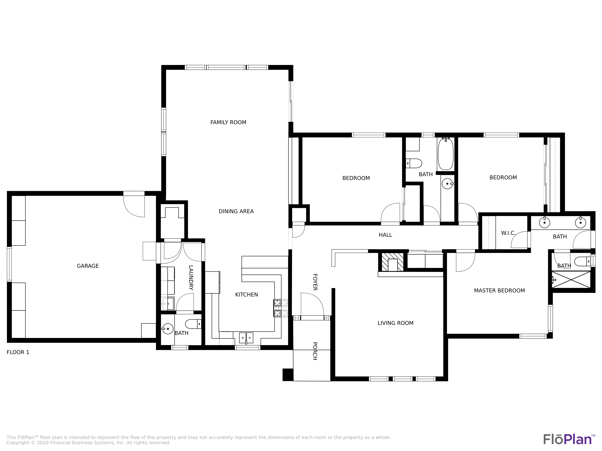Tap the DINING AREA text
(x=236, y=211)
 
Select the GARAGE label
(x=88, y=266)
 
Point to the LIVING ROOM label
(x=395, y=323)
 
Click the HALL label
(x=385, y=235)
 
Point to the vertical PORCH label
(x=315, y=351)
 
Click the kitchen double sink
(x=246, y=338)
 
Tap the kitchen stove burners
(x=277, y=308)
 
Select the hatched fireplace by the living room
(x=393, y=262)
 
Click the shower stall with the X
(x=571, y=279)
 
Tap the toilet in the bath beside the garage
(x=193, y=324)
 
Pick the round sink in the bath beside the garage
(x=168, y=329)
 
